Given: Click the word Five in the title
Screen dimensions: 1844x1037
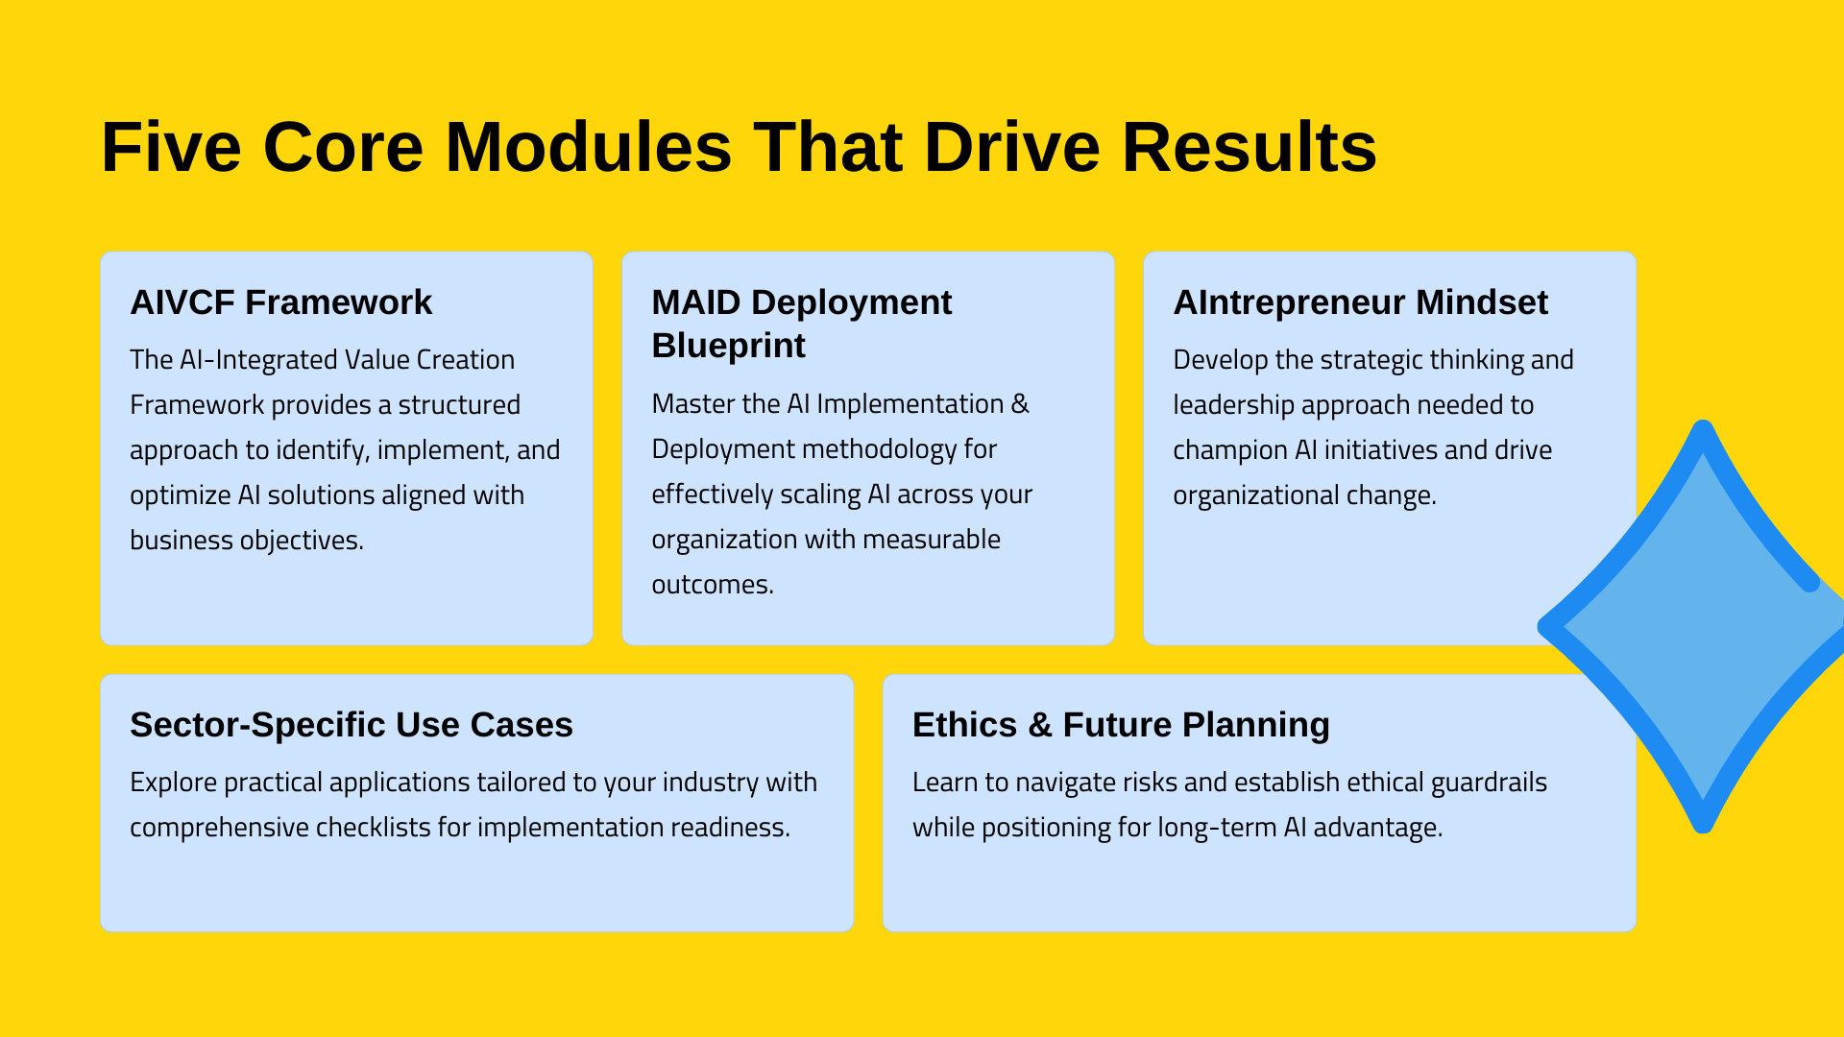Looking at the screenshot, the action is pyautogui.click(x=171, y=147).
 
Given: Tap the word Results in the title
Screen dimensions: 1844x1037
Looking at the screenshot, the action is pyautogui.click(x=1250, y=147).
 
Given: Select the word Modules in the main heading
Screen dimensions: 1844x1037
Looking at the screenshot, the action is pyautogui.click(x=588, y=147).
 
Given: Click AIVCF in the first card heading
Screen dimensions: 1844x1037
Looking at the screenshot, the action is pyautogui.click(x=182, y=302).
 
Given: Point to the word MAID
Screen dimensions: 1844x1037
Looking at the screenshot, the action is pyautogui.click(x=696, y=302).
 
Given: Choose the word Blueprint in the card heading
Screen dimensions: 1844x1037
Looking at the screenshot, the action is pyautogui.click(x=728, y=346).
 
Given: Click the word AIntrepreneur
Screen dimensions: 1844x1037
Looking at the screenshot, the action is pyautogui.click(x=1289, y=303).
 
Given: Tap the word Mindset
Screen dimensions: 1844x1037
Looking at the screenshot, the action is pyautogui.click(x=1482, y=302).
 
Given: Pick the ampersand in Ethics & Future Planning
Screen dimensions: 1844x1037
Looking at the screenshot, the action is pyautogui.click(x=1039, y=725).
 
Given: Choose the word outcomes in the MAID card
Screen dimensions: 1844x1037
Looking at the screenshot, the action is pyautogui.click(x=713, y=585).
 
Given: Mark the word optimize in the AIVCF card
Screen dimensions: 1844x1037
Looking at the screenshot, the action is pyautogui.click(x=180, y=496).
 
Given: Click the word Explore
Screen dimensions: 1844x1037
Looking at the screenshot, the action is pyautogui.click(x=173, y=784).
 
